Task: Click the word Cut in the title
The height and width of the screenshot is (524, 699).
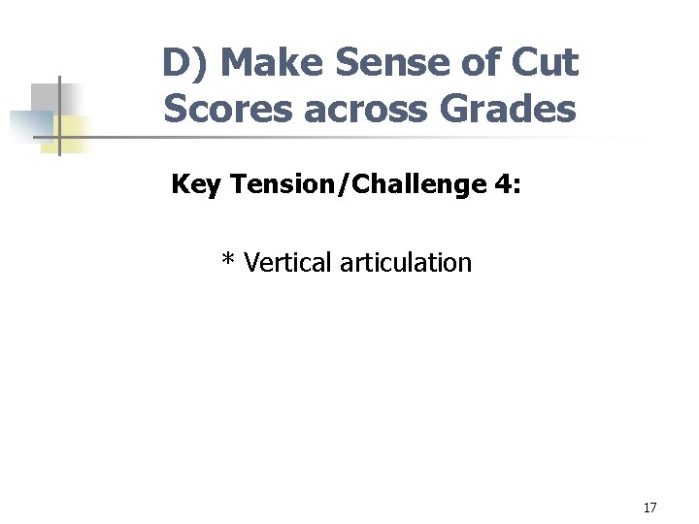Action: point(546,64)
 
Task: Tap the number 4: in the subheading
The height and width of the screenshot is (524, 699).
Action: point(506,184)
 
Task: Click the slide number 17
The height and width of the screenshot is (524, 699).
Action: point(649,508)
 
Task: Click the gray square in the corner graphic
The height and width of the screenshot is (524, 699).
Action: point(45,97)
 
